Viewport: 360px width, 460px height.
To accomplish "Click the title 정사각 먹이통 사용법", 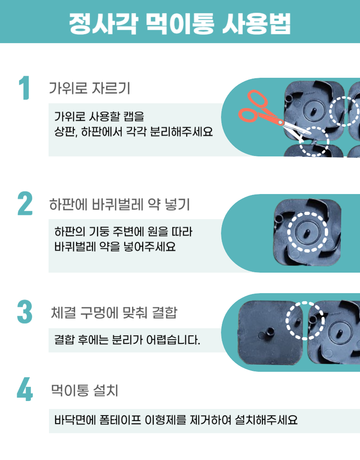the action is click(x=180, y=23).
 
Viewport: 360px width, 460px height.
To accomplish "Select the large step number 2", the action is click(x=25, y=203).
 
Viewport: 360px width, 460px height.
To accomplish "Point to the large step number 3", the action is click(x=25, y=312).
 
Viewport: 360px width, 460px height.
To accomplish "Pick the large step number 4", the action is click(x=25, y=389).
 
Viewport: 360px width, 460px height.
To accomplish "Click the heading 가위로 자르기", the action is click(x=90, y=88).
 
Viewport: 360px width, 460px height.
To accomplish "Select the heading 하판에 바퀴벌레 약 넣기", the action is click(x=119, y=204).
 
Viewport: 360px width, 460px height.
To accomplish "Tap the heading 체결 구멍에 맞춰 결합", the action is click(x=114, y=312).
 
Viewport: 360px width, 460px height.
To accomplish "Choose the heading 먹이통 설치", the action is click(x=85, y=390).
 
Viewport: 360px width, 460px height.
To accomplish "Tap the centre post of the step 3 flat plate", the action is click(x=269, y=333).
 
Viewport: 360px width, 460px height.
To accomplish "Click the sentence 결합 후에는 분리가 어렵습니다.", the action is click(x=127, y=340).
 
